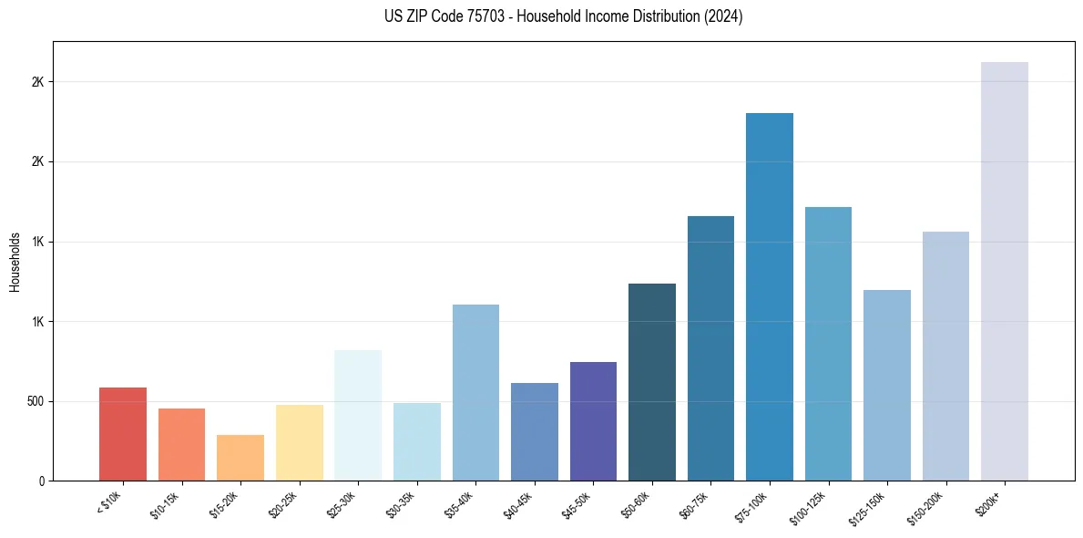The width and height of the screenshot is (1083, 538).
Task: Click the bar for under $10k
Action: click(123, 434)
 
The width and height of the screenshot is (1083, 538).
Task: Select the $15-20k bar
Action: click(240, 458)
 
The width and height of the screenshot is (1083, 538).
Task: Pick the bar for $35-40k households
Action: click(475, 392)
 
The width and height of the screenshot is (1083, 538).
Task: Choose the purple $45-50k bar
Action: click(593, 421)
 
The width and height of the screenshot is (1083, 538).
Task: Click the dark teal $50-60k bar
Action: click(652, 382)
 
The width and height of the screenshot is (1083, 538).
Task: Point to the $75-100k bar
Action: click(770, 296)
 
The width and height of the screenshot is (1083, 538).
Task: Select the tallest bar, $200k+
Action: click(1005, 271)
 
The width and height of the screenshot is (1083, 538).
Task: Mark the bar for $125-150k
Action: click(887, 385)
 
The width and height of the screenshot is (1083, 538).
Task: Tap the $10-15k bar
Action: click(181, 444)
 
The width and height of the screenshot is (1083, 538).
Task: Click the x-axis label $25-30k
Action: click(342, 504)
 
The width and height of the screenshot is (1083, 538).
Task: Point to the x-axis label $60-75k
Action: click(694, 504)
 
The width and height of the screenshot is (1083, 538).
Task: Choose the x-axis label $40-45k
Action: click(517, 504)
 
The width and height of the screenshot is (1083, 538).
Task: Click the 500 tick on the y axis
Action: click(36, 401)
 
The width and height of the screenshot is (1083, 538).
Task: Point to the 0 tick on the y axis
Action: click(42, 481)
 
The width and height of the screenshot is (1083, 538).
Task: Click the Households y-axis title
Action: click(15, 261)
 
